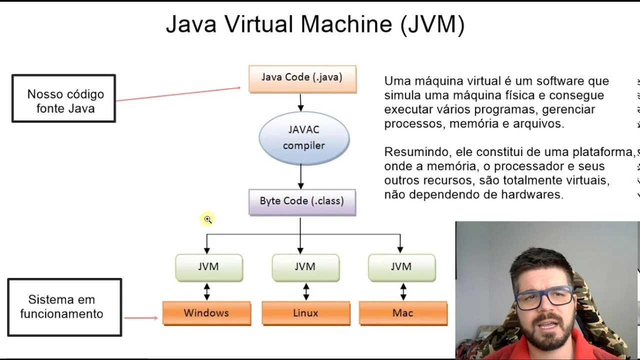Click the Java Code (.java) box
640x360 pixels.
click(x=302, y=78)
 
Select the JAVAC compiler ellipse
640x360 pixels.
click(x=304, y=137)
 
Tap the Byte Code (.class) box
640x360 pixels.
click(x=302, y=201)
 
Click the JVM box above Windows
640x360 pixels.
click(x=208, y=267)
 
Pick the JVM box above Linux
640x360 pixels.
click(x=305, y=267)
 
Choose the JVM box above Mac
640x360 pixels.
click(x=401, y=267)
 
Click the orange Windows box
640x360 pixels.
click(x=206, y=313)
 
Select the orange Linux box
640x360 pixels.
click(x=305, y=313)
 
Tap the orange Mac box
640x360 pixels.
click(x=402, y=313)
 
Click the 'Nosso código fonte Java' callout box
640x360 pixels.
click(x=64, y=98)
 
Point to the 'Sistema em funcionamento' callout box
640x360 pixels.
click(x=64, y=307)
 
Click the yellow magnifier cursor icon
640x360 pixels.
click(x=207, y=219)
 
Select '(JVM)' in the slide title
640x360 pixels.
click(x=432, y=24)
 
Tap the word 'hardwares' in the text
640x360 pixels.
click(x=533, y=194)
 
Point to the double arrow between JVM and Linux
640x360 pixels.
click(x=306, y=291)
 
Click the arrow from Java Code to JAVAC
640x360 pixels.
click(x=300, y=102)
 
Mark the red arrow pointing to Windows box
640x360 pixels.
click(x=141, y=317)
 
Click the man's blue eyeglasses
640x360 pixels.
click(x=544, y=297)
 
